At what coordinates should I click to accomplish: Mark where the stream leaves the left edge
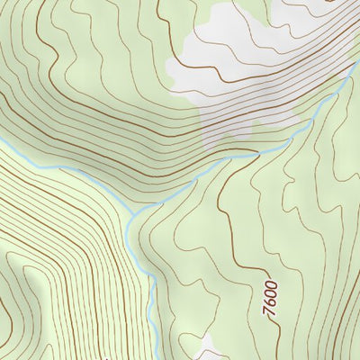pos(3,142)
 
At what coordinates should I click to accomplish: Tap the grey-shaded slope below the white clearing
pos(234,117)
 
